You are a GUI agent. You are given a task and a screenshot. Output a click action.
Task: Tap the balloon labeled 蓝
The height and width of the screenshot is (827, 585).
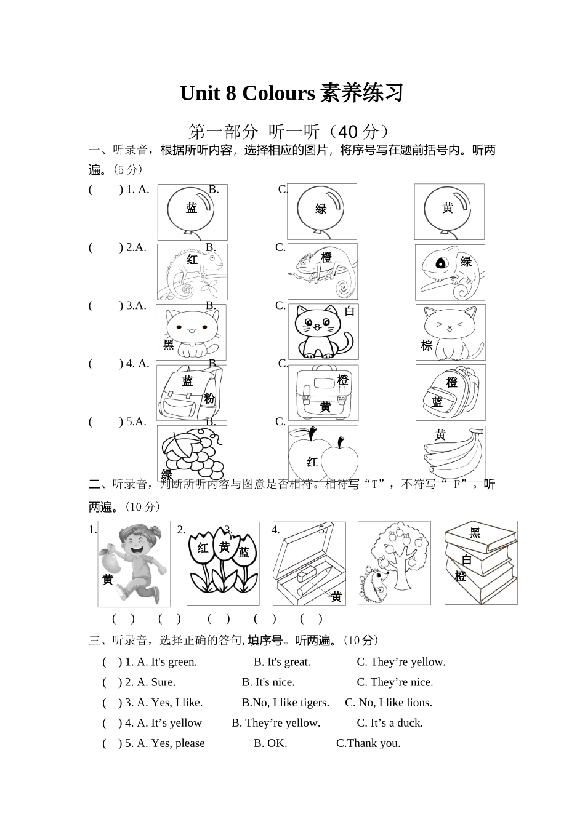[x=192, y=211]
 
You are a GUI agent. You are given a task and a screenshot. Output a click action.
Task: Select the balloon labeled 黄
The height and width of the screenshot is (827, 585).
[x=448, y=211]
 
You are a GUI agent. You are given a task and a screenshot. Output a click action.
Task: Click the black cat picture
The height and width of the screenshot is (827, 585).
[x=323, y=332]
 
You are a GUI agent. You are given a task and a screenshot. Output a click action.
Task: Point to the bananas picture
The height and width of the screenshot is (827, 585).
[x=450, y=453]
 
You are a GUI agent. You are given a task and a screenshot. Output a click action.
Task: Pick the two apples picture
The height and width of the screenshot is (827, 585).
[x=323, y=454]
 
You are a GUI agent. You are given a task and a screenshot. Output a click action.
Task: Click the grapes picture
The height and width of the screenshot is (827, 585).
[x=192, y=453]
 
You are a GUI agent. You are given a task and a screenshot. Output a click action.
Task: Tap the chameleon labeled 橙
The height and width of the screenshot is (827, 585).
[x=323, y=271]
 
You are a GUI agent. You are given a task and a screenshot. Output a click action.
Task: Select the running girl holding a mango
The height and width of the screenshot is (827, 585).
[x=134, y=562]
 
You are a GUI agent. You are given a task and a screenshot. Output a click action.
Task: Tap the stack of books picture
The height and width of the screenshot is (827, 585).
[x=480, y=562]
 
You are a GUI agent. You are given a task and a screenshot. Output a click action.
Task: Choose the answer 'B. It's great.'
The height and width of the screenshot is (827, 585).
[x=282, y=662]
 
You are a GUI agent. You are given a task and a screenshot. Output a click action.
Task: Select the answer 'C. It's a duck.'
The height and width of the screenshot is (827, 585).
[x=390, y=723]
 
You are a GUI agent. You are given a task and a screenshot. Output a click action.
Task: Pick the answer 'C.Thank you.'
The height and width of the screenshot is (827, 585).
[x=368, y=743]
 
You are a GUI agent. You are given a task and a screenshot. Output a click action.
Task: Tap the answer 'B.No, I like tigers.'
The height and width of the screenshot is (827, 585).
[x=286, y=703]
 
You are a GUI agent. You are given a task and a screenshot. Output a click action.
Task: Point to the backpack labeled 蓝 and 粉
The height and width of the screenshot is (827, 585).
[x=192, y=393]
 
